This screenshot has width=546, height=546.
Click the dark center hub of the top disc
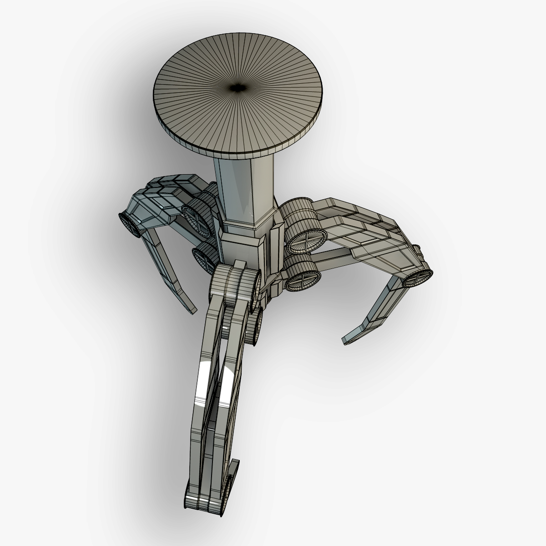tap(238, 87)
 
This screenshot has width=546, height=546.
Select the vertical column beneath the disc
tap(246, 187)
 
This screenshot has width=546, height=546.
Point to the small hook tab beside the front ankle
tap(233, 473)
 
